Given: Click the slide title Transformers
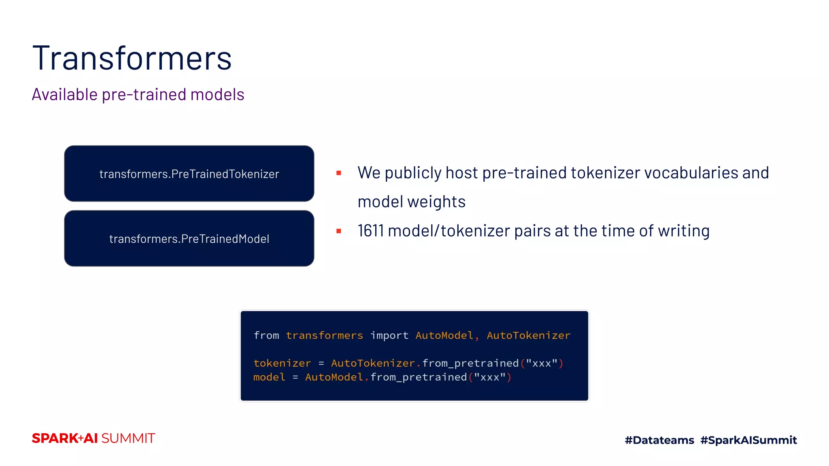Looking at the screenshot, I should click(132, 59).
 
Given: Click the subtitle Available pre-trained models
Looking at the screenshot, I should click(138, 95).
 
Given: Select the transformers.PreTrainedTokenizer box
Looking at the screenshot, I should click(189, 174).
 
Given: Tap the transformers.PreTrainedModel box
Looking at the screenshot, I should click(189, 239).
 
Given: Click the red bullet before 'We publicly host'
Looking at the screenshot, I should click(339, 173).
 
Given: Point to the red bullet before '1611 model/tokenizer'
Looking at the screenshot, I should click(339, 231).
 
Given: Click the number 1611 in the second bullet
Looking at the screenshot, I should click(370, 231).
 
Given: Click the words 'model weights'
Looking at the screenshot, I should click(411, 202).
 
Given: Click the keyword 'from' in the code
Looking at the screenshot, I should click(266, 335).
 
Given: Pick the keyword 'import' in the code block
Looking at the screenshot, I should click(389, 335).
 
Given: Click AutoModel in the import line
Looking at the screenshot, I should click(444, 335).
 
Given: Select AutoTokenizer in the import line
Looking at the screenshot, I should click(528, 335).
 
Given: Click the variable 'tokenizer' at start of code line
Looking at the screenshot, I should click(282, 363).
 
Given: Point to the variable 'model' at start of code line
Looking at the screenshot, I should click(269, 377).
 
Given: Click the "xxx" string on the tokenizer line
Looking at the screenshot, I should click(542, 363).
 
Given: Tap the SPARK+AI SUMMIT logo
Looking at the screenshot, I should click(94, 438).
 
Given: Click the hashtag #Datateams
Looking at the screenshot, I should click(659, 440).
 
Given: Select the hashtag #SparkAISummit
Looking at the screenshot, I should click(748, 440).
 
